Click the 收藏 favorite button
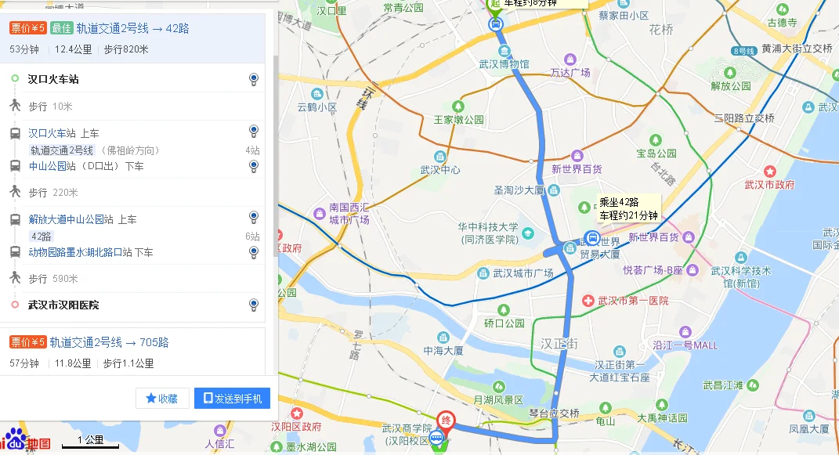point(162,399)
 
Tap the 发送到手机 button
point(232,399)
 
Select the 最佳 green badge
point(61,29)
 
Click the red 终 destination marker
point(445,420)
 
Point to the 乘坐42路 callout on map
point(628,208)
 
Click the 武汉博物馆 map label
point(504,64)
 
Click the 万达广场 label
point(570,73)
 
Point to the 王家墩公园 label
point(459,120)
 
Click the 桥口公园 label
point(504,323)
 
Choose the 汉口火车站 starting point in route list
point(53,79)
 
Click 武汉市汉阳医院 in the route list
point(63,305)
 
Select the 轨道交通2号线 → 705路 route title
point(109,342)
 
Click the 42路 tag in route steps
point(41,237)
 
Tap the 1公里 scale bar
point(91,442)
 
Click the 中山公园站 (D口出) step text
point(86,166)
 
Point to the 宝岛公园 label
point(656,153)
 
